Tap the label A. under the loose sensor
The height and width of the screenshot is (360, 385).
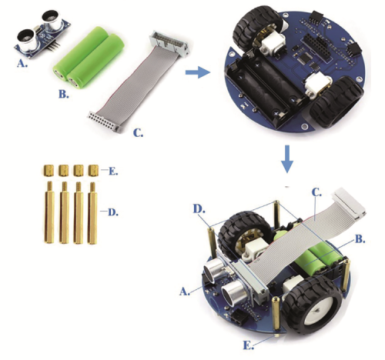click(22, 64)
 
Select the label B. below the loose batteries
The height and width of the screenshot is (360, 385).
click(64, 95)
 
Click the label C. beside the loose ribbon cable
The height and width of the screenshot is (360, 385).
click(139, 133)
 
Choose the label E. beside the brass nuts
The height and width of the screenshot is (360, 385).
click(113, 171)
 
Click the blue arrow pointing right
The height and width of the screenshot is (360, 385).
click(198, 72)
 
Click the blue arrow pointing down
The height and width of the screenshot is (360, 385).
click(287, 159)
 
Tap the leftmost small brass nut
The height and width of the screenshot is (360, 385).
click(49, 170)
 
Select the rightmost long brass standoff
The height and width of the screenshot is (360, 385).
click(92, 212)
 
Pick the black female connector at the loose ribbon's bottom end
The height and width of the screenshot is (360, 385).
click(105, 122)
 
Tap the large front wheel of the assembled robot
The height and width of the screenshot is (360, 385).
click(312, 305)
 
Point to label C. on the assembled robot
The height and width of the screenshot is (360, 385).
click(316, 192)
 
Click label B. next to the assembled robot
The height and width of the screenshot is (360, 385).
click(360, 239)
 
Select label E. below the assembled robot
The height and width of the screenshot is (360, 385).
click(249, 345)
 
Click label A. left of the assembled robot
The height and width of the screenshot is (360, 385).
click(185, 292)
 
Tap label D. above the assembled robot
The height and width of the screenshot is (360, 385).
click(199, 209)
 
